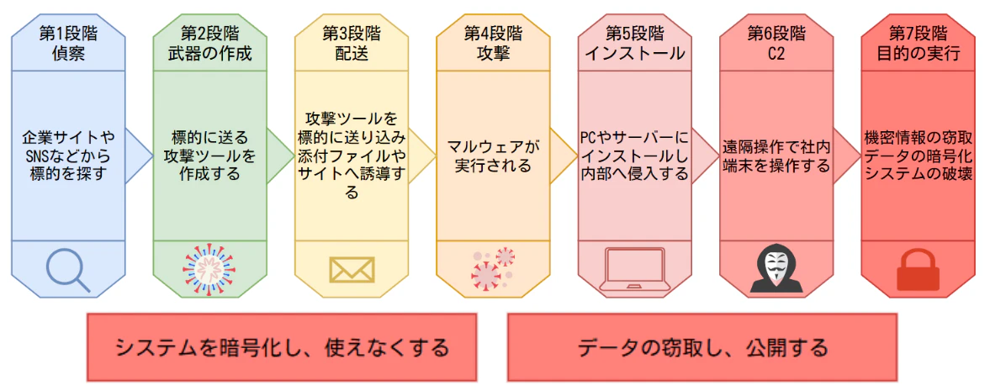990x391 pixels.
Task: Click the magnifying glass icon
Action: (68, 271)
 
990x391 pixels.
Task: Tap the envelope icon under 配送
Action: (352, 270)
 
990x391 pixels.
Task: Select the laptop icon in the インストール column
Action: (634, 271)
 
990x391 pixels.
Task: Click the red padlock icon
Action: (918, 270)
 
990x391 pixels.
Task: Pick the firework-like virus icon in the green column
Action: (209, 271)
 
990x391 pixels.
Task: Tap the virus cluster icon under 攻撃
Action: (493, 270)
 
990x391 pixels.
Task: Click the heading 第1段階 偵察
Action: (68, 43)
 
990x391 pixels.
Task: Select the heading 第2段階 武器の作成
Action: (209, 43)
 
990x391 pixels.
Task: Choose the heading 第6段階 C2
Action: (776, 43)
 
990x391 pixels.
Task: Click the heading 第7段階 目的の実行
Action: (918, 43)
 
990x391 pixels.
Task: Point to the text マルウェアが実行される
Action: (493, 156)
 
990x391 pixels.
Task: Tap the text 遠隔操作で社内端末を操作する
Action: (776, 156)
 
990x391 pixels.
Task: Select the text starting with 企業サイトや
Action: (68, 156)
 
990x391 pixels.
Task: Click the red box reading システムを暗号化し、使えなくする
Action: (282, 347)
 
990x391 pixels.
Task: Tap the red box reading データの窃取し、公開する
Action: (702, 347)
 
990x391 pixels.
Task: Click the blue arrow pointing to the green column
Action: (139, 156)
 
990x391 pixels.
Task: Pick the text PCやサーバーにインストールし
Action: (634, 146)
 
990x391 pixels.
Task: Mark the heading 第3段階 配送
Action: (352, 43)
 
